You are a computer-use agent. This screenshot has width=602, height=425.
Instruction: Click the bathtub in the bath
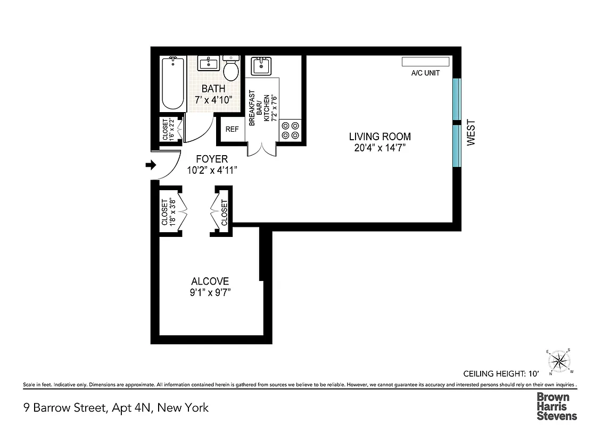[x=172, y=83]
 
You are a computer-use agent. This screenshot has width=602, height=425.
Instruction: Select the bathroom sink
[x=209, y=64]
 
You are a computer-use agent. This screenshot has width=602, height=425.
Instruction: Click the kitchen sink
[x=261, y=66]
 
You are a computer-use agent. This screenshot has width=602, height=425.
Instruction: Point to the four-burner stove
[x=290, y=131]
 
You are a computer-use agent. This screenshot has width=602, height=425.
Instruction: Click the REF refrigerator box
[x=232, y=129]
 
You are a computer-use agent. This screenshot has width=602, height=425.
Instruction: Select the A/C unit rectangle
[x=425, y=62]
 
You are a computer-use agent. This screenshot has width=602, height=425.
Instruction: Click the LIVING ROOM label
[x=380, y=137]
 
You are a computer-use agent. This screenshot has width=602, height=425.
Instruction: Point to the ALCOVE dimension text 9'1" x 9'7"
[x=211, y=292]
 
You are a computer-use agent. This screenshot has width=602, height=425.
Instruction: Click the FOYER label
[x=211, y=159]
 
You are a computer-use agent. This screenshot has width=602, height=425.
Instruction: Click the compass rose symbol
[x=558, y=361]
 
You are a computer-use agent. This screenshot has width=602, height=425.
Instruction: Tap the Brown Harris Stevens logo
[x=556, y=406]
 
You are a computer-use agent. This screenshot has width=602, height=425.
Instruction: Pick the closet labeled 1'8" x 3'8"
[x=168, y=211]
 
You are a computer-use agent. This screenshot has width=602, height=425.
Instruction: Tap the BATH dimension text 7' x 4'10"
[x=213, y=99]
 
